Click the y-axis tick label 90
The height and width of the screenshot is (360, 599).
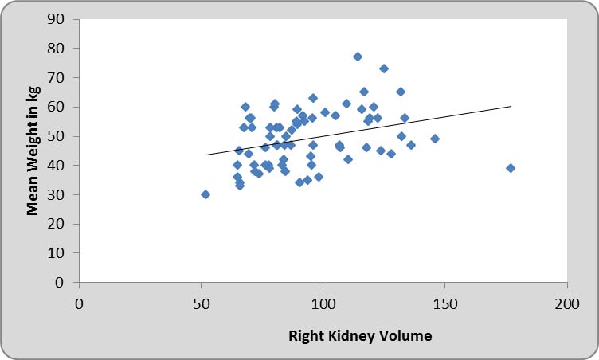pos(60,19)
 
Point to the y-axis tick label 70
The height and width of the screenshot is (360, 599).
pos(60,78)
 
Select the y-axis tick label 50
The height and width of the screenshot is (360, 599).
pos(60,136)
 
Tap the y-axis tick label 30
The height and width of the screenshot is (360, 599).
pos(60,194)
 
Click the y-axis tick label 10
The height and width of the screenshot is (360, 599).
pos(60,253)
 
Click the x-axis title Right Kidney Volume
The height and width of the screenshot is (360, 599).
pos(360,336)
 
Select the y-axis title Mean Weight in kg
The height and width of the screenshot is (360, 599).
pos(33,151)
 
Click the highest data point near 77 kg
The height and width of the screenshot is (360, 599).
pos(358,57)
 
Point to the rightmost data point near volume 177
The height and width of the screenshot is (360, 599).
pos(511,168)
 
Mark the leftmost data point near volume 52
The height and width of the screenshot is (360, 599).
pos(206,194)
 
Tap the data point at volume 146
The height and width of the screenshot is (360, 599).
pos(435,139)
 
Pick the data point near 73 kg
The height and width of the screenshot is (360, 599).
pos(384,68)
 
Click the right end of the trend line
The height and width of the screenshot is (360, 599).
pos(511,106)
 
